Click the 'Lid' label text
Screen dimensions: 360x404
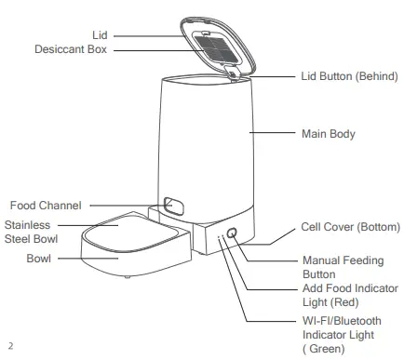[x=100, y=34]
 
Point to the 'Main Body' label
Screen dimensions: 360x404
[x=329, y=134]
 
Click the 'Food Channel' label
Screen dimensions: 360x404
[x=46, y=206]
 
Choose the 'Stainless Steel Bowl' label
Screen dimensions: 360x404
[x=31, y=233]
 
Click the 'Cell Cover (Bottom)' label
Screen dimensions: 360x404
[x=350, y=227]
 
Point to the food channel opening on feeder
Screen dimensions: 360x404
[x=170, y=204]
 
